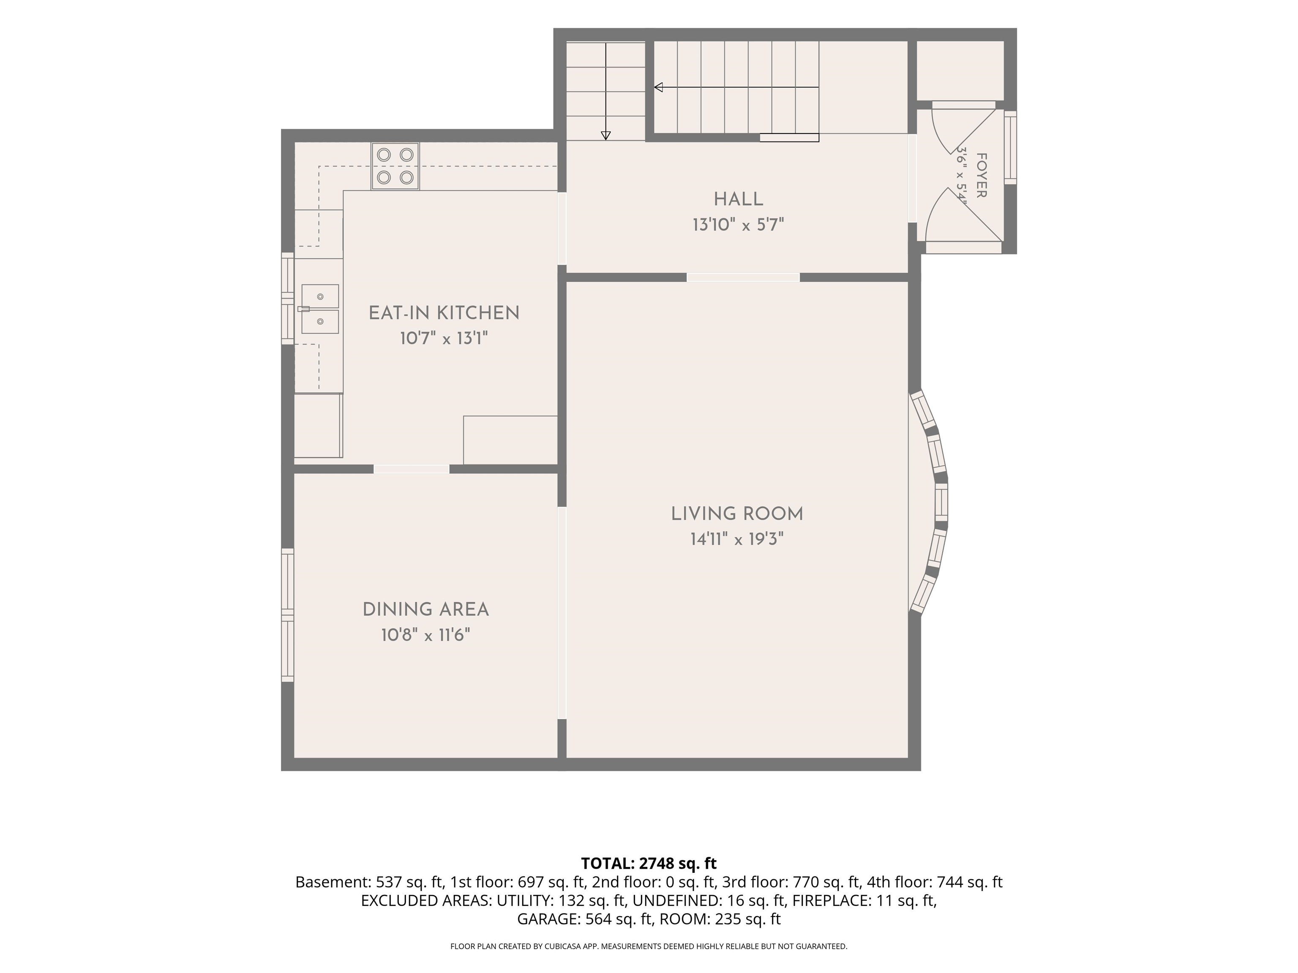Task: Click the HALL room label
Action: [x=738, y=199]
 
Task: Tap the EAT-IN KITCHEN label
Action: [x=444, y=313]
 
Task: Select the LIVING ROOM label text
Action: [x=737, y=514]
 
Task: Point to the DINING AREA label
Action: [x=425, y=610]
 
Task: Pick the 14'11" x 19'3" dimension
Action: [x=737, y=539]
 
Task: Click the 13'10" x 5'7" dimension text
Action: [x=738, y=225]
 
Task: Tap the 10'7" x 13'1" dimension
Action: [x=444, y=338]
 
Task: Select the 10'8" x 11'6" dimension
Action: [x=425, y=635]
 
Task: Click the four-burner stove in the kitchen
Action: [x=395, y=166]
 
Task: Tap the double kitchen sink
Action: [x=320, y=309]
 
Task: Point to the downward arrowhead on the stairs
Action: [x=605, y=136]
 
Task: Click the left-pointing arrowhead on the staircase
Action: [x=658, y=87]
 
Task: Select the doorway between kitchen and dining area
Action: [x=412, y=469]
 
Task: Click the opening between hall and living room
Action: [x=743, y=277]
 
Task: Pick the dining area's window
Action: [x=288, y=614]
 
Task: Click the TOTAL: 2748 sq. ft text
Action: [x=649, y=863]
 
